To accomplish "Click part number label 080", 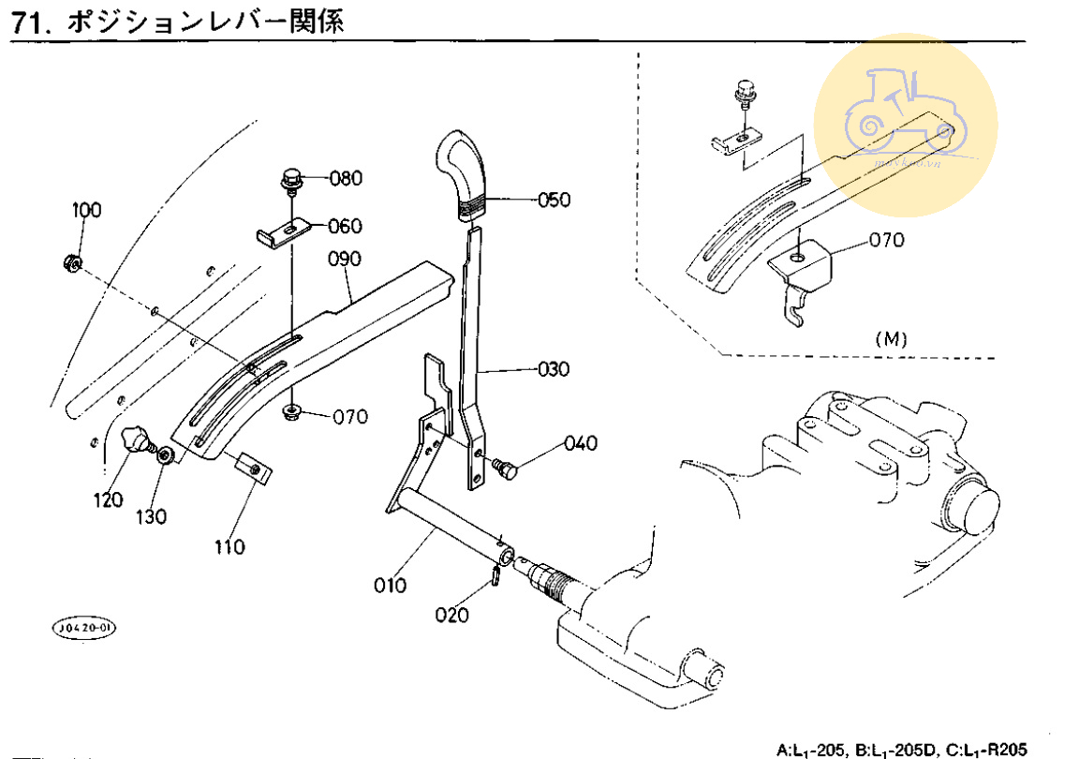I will tap(347, 178).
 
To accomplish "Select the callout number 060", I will tap(345, 226).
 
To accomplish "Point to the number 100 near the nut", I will tap(86, 210).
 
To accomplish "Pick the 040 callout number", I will tap(580, 443).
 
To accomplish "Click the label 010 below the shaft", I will tap(391, 586).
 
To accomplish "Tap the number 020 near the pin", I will tap(453, 615).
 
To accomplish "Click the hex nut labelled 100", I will tap(71, 261).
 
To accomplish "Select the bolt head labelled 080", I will tap(291, 176).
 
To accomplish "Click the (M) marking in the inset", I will tap(890, 339).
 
